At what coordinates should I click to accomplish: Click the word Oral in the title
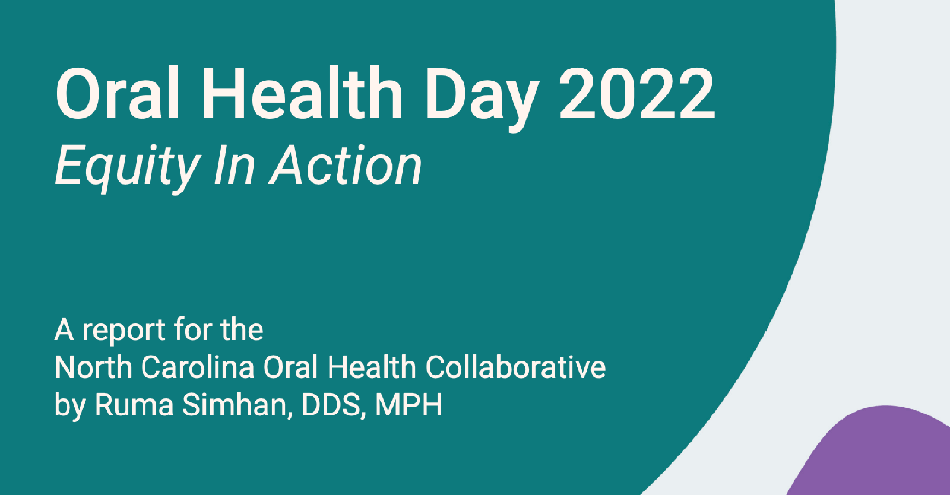[118, 94]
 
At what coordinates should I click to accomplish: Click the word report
[123, 331]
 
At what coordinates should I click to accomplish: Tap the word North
[95, 367]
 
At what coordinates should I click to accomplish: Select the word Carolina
[198, 367]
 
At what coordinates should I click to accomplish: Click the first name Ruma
[134, 405]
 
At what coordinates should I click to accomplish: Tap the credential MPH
[408, 405]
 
